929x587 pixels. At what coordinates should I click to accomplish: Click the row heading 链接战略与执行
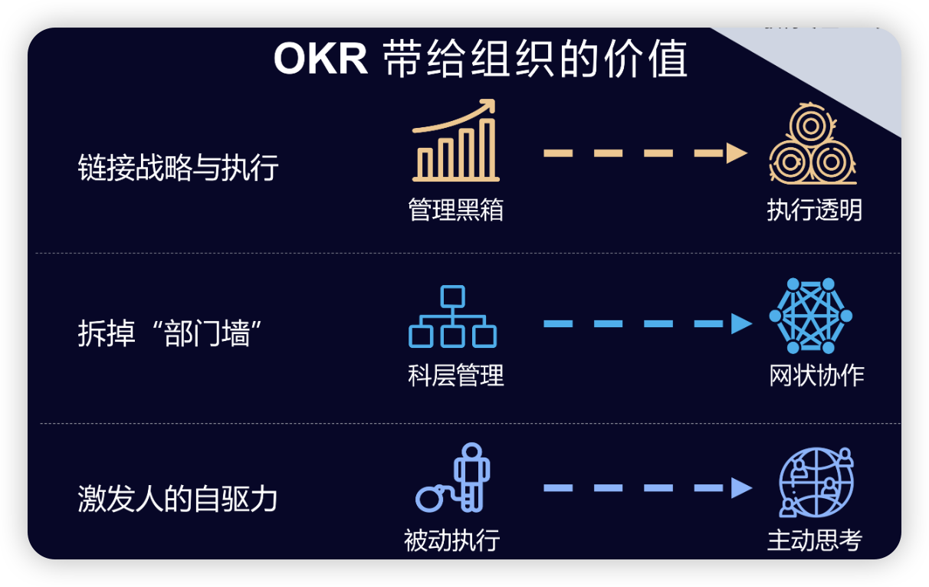pos(178,168)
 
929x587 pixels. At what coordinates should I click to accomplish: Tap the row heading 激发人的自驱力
pos(178,499)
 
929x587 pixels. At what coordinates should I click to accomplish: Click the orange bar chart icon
pos(455,149)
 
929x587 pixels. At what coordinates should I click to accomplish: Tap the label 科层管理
pos(456,375)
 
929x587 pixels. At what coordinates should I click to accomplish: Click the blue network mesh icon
pos(811,316)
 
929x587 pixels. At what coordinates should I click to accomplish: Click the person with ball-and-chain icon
pos(455,479)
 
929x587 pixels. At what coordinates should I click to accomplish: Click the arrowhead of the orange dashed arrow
pos(737,152)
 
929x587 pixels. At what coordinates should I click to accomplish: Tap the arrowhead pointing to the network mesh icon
pos(740,323)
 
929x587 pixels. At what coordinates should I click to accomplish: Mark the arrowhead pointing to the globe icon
pos(740,487)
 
